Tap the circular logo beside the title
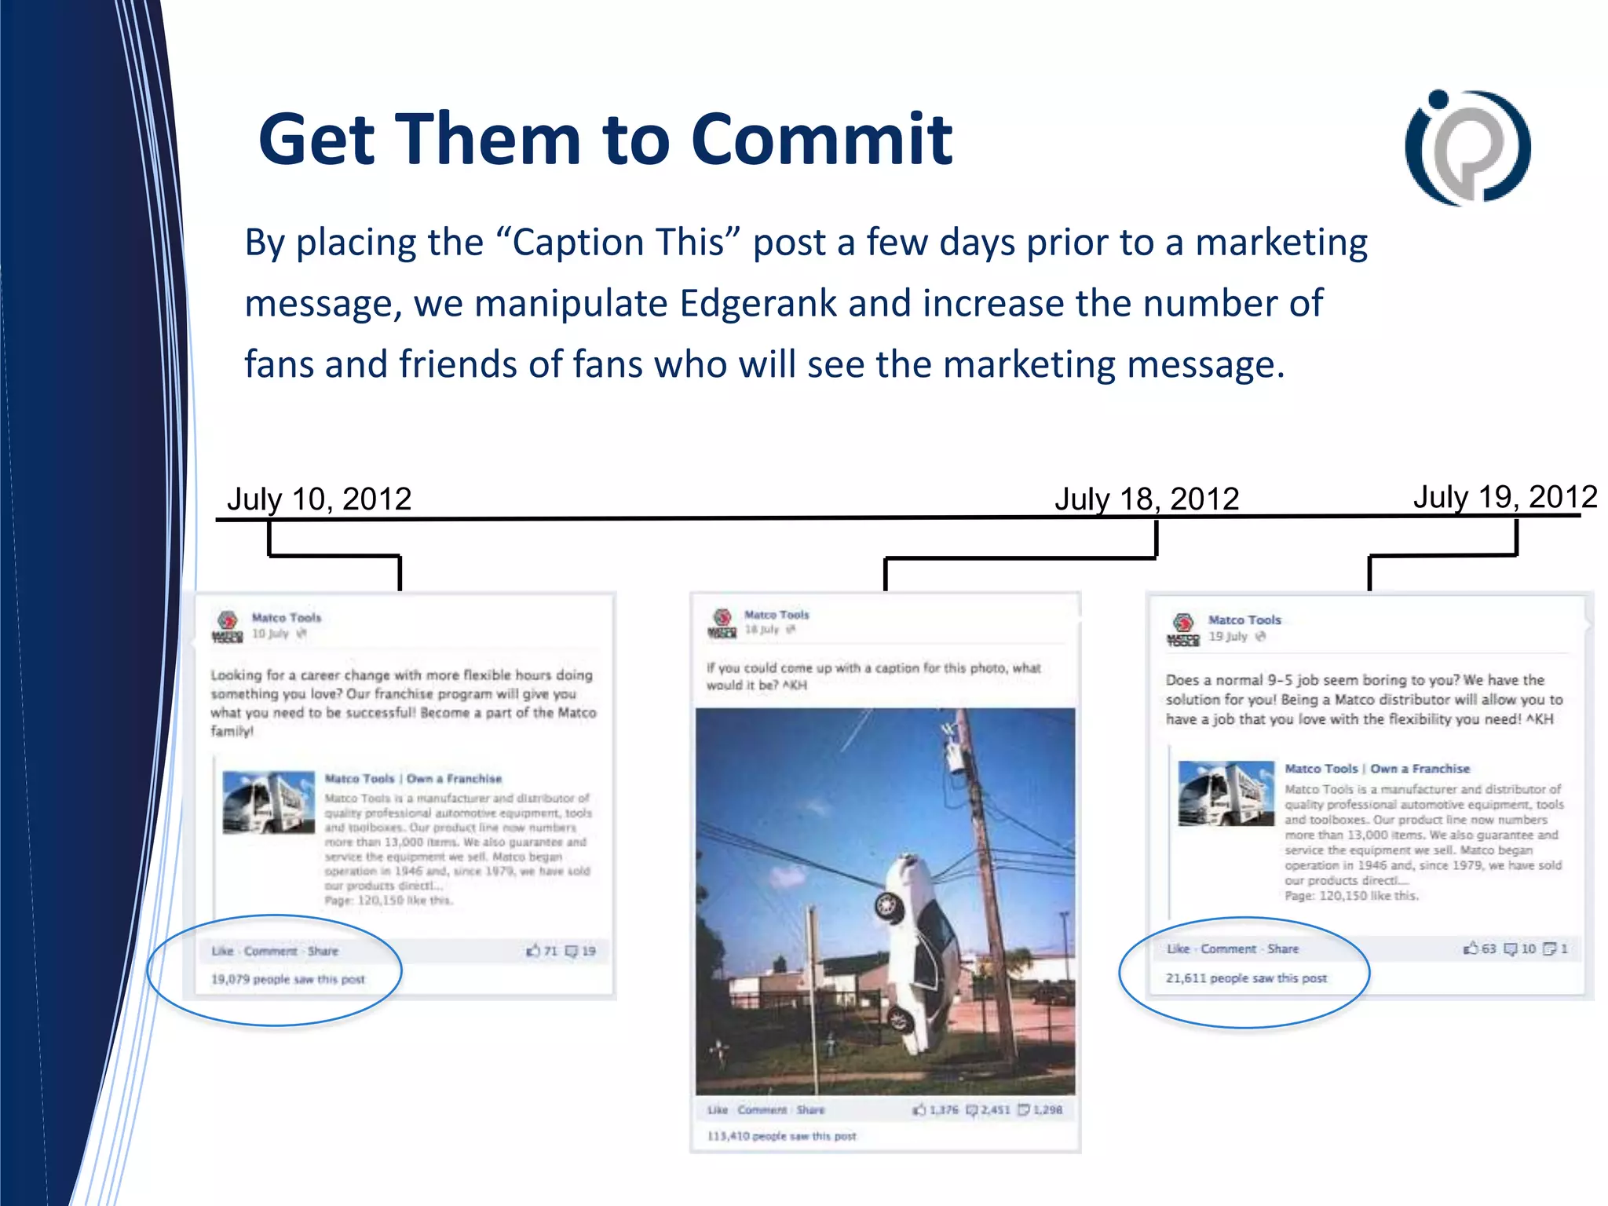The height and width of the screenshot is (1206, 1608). [x=1467, y=148]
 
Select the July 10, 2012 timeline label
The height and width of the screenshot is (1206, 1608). [x=319, y=499]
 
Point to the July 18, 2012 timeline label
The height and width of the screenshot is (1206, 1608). [x=1146, y=499]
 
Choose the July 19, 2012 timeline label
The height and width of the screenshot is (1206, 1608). [x=1504, y=497]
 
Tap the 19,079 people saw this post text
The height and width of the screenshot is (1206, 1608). [x=287, y=979]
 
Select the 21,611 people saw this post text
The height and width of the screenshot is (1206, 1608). [x=1246, y=978]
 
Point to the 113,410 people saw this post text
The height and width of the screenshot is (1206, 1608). [x=781, y=1136]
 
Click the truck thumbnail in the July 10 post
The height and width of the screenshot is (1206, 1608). [x=269, y=802]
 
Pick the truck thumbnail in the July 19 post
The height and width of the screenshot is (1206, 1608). [x=1226, y=793]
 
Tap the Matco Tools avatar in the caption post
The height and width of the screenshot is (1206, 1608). [x=722, y=623]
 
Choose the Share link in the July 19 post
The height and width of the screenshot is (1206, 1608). [x=1283, y=948]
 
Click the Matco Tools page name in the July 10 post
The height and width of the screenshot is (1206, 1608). [x=287, y=618]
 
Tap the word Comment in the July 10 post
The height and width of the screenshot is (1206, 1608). [x=270, y=951]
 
